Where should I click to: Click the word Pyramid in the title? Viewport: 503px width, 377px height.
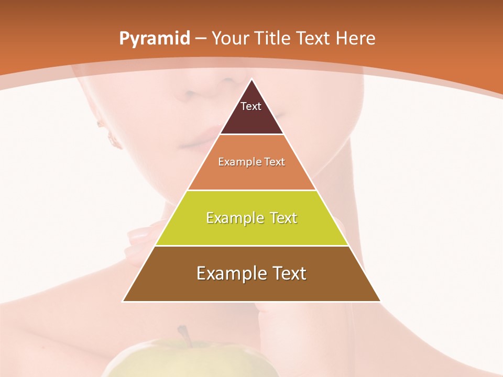pos(154,39)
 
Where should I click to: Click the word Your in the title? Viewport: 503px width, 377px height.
pos(229,39)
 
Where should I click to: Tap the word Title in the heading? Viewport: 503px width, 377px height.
pos(273,39)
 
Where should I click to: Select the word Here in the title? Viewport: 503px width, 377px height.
pos(356,39)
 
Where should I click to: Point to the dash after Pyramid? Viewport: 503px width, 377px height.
pos(200,39)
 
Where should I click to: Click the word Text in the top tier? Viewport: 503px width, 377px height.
pos(251,106)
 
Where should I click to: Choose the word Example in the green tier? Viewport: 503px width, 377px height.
pos(234,218)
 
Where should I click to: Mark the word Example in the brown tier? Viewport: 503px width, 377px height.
pos(231,273)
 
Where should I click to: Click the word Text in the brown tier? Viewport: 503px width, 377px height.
pos(288,273)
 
